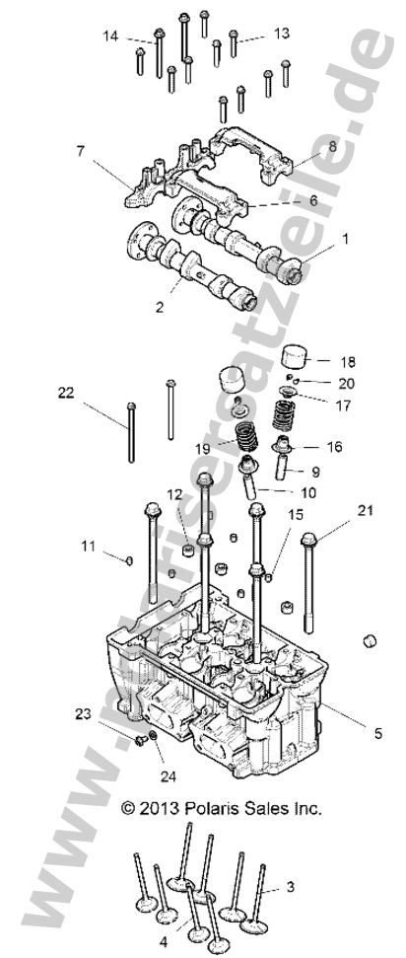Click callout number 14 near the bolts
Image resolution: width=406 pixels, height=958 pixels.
click(x=110, y=36)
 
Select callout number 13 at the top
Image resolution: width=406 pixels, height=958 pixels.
click(x=282, y=34)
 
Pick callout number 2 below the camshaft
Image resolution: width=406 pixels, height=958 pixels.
click(x=159, y=308)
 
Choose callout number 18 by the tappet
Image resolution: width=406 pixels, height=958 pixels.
click(x=348, y=362)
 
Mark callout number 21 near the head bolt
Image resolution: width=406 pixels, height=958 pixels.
click(x=365, y=510)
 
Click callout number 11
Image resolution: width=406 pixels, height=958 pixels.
click(x=88, y=545)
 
